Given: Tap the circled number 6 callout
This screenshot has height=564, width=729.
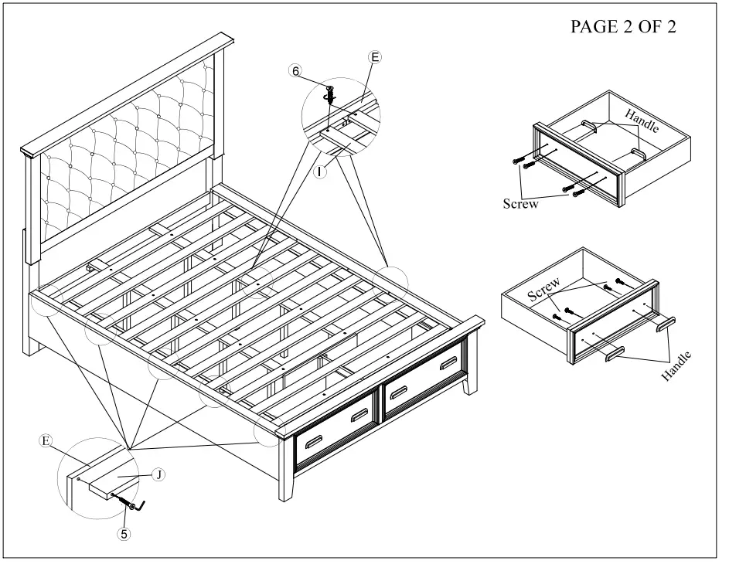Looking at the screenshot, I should pyautogui.click(x=295, y=70).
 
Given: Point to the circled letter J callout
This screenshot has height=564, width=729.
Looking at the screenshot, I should pyautogui.click(x=157, y=475).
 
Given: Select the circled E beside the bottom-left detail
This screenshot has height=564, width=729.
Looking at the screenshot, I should pyautogui.click(x=46, y=441).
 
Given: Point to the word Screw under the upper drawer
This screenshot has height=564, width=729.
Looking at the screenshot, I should pyautogui.click(x=519, y=205).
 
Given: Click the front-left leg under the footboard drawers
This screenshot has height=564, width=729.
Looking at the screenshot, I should pyautogui.click(x=283, y=486).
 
